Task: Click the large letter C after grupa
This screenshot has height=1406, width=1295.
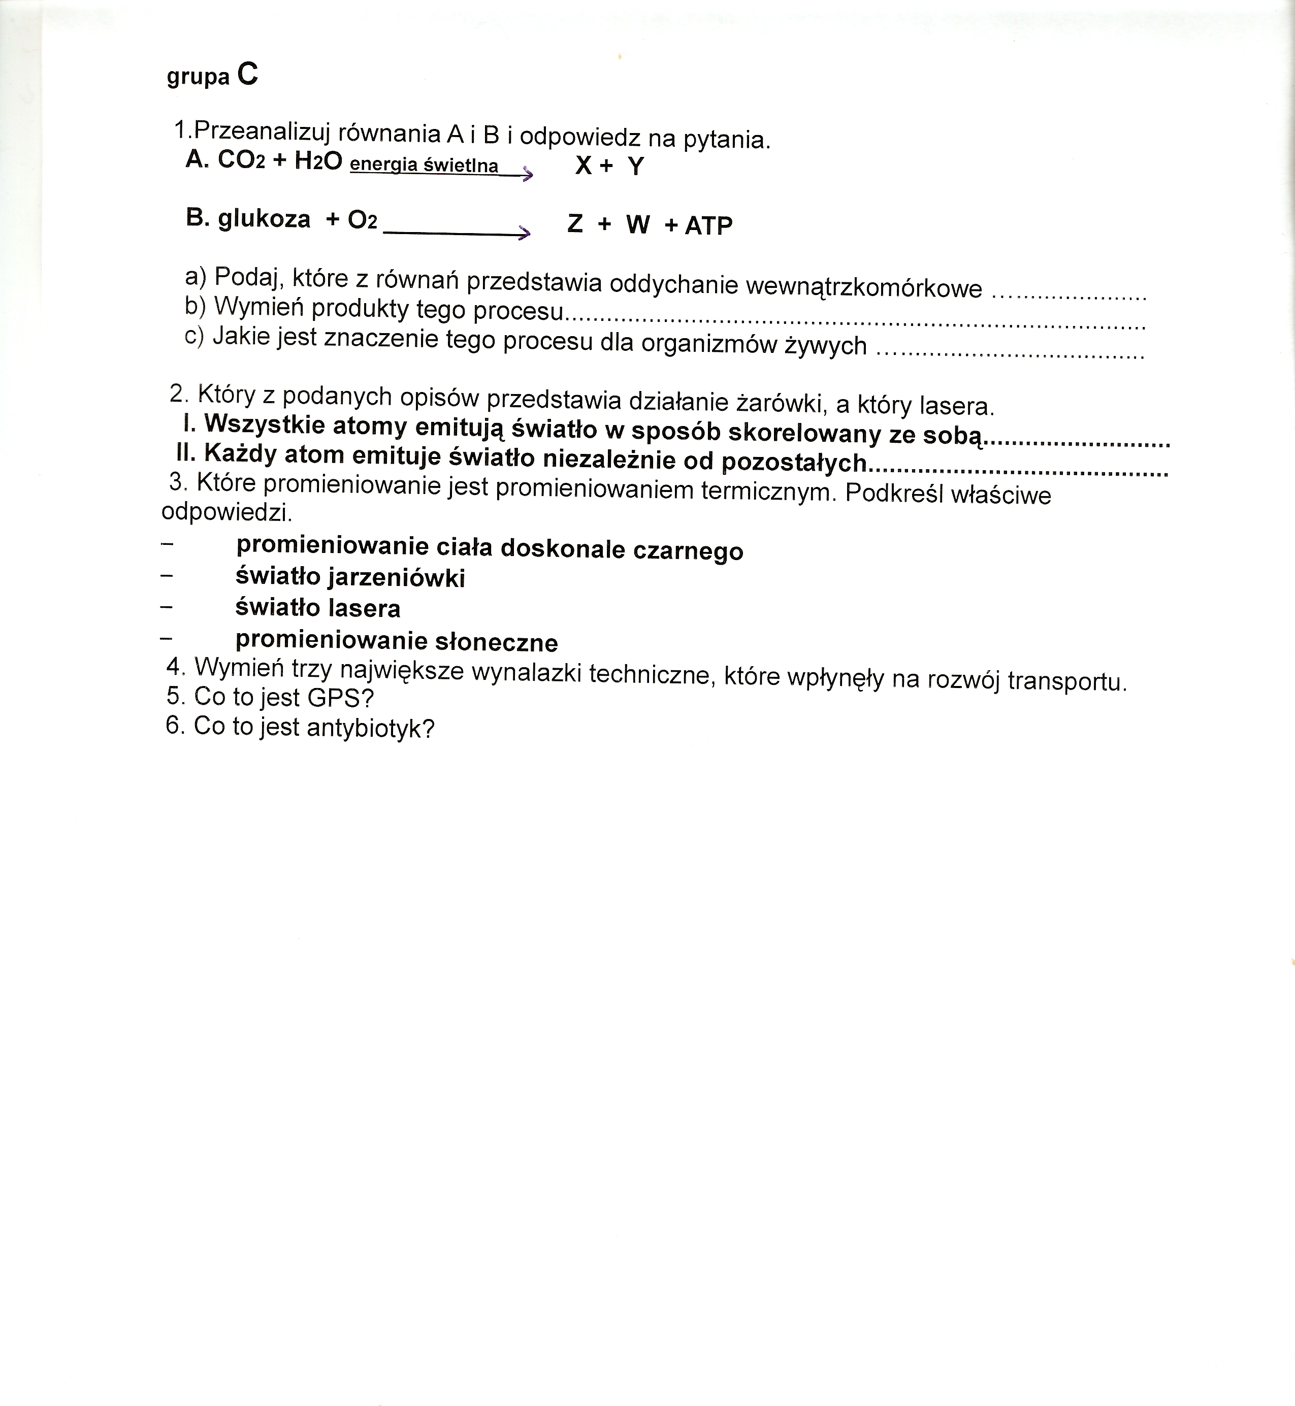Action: pyautogui.click(x=247, y=74)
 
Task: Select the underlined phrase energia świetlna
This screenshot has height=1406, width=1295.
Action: pyautogui.click(x=424, y=166)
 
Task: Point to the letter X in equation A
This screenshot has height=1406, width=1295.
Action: pyautogui.click(x=583, y=166)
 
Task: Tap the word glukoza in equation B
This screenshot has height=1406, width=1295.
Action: pyautogui.click(x=264, y=219)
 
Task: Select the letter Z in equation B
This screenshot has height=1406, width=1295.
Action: pyautogui.click(x=574, y=223)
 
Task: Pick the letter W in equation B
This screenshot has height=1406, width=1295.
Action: pyautogui.click(x=638, y=225)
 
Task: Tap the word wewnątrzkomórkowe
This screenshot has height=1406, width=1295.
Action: pyautogui.click(x=863, y=286)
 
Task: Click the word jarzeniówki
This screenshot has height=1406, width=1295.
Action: pyautogui.click(x=397, y=578)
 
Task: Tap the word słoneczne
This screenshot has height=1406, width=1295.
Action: pyautogui.click(x=496, y=642)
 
